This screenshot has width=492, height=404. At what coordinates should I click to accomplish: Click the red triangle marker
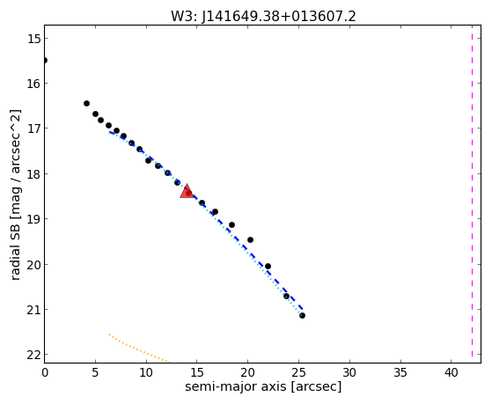(187, 192)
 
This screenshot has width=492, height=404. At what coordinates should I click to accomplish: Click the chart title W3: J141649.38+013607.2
(263, 16)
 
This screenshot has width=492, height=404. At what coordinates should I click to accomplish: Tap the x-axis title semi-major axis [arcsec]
(263, 386)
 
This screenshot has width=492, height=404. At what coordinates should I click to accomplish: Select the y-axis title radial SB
(15, 252)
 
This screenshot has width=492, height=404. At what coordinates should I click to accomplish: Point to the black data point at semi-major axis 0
(45, 60)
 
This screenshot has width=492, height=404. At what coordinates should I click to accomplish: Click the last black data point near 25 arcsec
(302, 315)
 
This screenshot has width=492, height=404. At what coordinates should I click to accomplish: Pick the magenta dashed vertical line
(472, 191)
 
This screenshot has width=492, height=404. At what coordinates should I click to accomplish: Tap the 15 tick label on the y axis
(33, 39)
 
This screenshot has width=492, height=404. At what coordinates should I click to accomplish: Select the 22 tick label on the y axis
(33, 355)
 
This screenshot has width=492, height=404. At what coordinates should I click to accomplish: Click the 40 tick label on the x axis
(451, 372)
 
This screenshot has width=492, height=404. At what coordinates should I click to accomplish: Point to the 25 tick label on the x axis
(298, 372)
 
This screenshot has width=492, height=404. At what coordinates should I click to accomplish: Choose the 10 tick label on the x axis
(146, 372)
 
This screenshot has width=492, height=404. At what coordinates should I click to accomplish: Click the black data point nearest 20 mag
(268, 266)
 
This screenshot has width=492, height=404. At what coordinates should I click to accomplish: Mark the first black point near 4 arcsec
(86, 103)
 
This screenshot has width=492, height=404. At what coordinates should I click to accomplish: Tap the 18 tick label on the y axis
(33, 174)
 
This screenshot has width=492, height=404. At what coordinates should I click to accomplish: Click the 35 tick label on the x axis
(400, 372)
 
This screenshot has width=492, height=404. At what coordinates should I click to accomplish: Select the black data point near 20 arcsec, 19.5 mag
(250, 239)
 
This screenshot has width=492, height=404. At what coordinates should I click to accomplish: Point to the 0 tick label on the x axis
(45, 372)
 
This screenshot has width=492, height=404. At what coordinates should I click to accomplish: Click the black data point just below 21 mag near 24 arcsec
(286, 296)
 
